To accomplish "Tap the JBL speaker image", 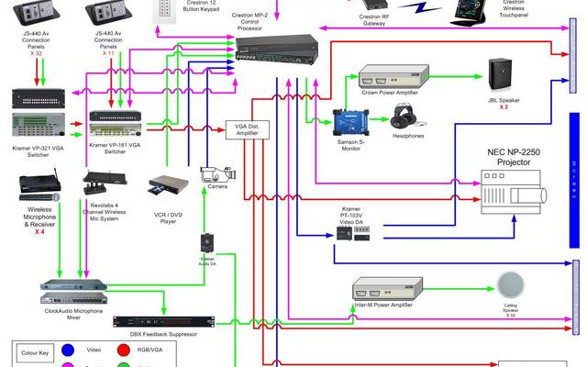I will [x=504, y=73].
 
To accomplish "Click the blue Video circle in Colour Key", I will [x=68, y=350].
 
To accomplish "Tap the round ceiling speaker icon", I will [x=509, y=284].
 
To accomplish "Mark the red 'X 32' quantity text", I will [x=36, y=52].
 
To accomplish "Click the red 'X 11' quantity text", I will [x=108, y=53].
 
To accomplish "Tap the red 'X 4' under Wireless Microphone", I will [x=39, y=231].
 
